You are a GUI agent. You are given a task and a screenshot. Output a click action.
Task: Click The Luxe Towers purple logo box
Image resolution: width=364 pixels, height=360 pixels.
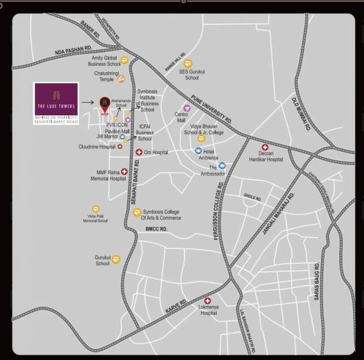coord(56,103)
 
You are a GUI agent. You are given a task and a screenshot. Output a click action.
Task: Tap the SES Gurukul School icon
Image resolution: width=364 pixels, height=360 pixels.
coord(188,63)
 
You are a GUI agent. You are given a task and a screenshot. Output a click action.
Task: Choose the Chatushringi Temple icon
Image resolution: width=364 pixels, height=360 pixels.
coord(121,78)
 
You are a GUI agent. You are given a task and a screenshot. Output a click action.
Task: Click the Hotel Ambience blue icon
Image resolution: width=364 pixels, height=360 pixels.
coord(198,151)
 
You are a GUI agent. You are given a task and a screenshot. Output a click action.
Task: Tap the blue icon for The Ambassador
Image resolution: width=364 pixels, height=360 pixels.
coord(222,165)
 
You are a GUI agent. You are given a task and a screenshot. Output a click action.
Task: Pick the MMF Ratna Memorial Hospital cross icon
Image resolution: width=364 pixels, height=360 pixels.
coord(124,172)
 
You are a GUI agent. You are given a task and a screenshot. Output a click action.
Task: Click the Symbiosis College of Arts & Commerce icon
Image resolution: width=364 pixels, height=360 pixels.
coord(137,212)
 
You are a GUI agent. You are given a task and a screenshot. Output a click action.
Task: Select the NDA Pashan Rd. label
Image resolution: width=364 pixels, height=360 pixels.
coord(72,53)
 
